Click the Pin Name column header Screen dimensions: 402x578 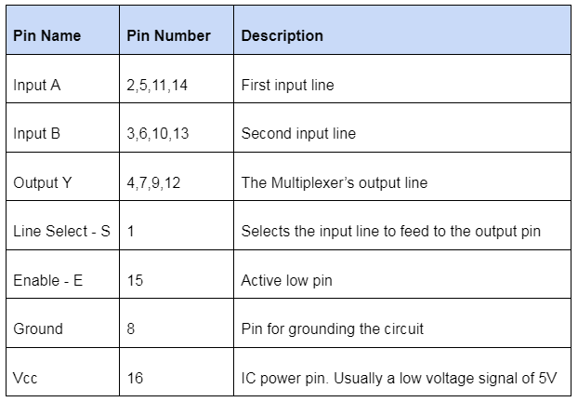46,36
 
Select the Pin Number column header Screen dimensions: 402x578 168,36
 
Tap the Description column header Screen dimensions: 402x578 282,36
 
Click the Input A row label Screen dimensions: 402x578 37,85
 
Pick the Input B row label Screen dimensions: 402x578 37,133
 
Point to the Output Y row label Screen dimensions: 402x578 42,182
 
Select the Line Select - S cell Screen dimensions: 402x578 61,231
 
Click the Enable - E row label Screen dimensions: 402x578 47,280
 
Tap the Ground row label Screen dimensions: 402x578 38,328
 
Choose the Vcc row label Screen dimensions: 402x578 26,378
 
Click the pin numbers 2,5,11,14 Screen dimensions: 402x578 157,85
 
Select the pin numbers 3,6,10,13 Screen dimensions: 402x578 157,133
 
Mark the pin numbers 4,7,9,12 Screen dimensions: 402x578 153,182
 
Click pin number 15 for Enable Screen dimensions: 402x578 135,280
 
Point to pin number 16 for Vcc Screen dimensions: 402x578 135,378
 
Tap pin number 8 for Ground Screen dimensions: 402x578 131,328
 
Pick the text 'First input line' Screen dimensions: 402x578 287,85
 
